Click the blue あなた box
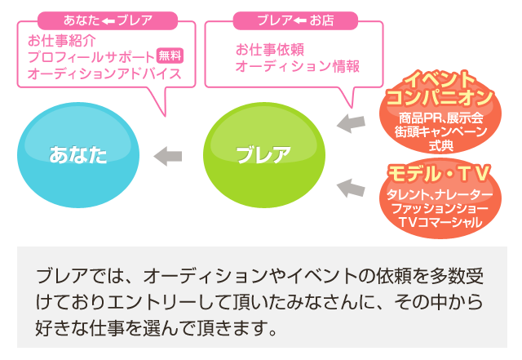78,155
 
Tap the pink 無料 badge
170,56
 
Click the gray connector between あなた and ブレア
167,155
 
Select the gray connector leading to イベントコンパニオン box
351,123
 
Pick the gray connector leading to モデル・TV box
351,188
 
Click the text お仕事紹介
62,39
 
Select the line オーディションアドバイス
104,73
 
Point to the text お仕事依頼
270,50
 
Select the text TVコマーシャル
440,224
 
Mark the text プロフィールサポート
91,56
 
